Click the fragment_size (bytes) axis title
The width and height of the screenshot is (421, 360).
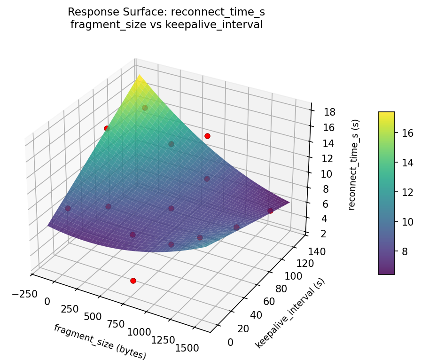click(x=100, y=342)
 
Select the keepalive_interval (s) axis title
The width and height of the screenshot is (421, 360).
click(x=290, y=313)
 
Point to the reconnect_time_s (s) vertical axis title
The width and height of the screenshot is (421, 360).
click(x=356, y=164)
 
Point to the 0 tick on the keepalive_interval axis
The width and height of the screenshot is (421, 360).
click(x=230, y=343)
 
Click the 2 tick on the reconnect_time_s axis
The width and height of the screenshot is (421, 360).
click(x=317, y=234)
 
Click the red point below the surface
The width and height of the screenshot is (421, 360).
click(x=133, y=281)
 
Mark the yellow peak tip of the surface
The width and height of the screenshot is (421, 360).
click(x=137, y=76)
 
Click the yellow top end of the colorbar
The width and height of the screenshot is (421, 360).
click(x=386, y=114)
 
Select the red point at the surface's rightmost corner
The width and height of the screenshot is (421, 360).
click(x=270, y=211)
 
